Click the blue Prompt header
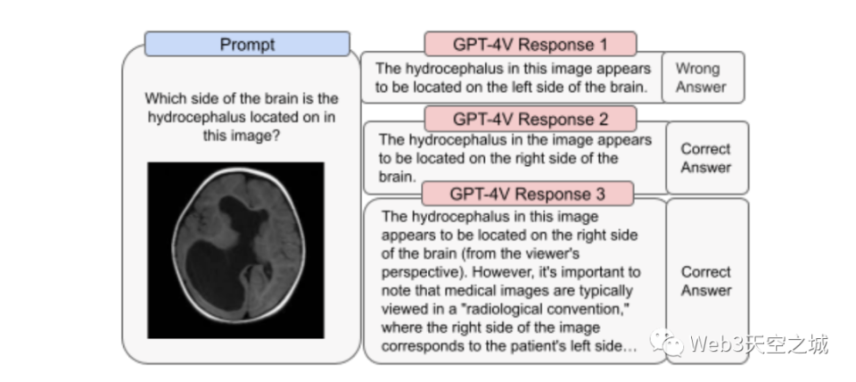point(247,45)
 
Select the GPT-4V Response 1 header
point(530,45)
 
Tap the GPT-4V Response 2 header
point(530,119)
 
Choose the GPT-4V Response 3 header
point(527,194)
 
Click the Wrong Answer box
point(703,78)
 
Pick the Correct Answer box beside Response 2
point(707,158)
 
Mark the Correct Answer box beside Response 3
point(707,281)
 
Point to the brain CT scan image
point(235,250)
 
